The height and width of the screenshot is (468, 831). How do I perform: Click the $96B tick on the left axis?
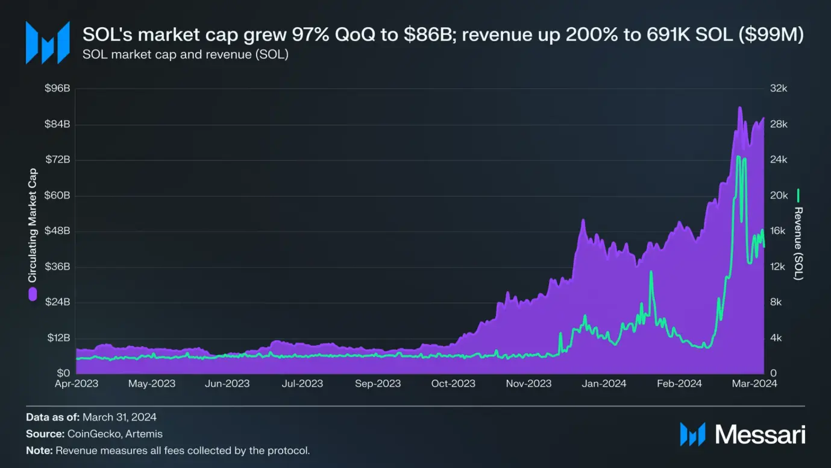coord(58,89)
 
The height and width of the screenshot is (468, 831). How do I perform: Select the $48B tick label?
coord(58,231)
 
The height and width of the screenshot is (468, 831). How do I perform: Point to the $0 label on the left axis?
coord(63,373)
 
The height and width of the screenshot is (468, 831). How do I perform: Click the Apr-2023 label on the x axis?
coord(77,384)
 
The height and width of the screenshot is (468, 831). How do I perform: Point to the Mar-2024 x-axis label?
coord(754,384)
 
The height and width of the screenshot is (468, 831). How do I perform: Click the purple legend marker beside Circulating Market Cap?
coord(33,294)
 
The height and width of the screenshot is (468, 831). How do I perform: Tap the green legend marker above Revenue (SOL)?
coord(798,195)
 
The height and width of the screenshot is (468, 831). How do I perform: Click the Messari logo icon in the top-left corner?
coord(47,42)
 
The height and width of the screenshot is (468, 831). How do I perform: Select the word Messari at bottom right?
coord(760,434)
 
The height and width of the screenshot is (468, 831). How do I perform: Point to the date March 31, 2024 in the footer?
coord(119,417)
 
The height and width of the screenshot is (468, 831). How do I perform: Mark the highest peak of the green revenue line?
coord(739,157)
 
